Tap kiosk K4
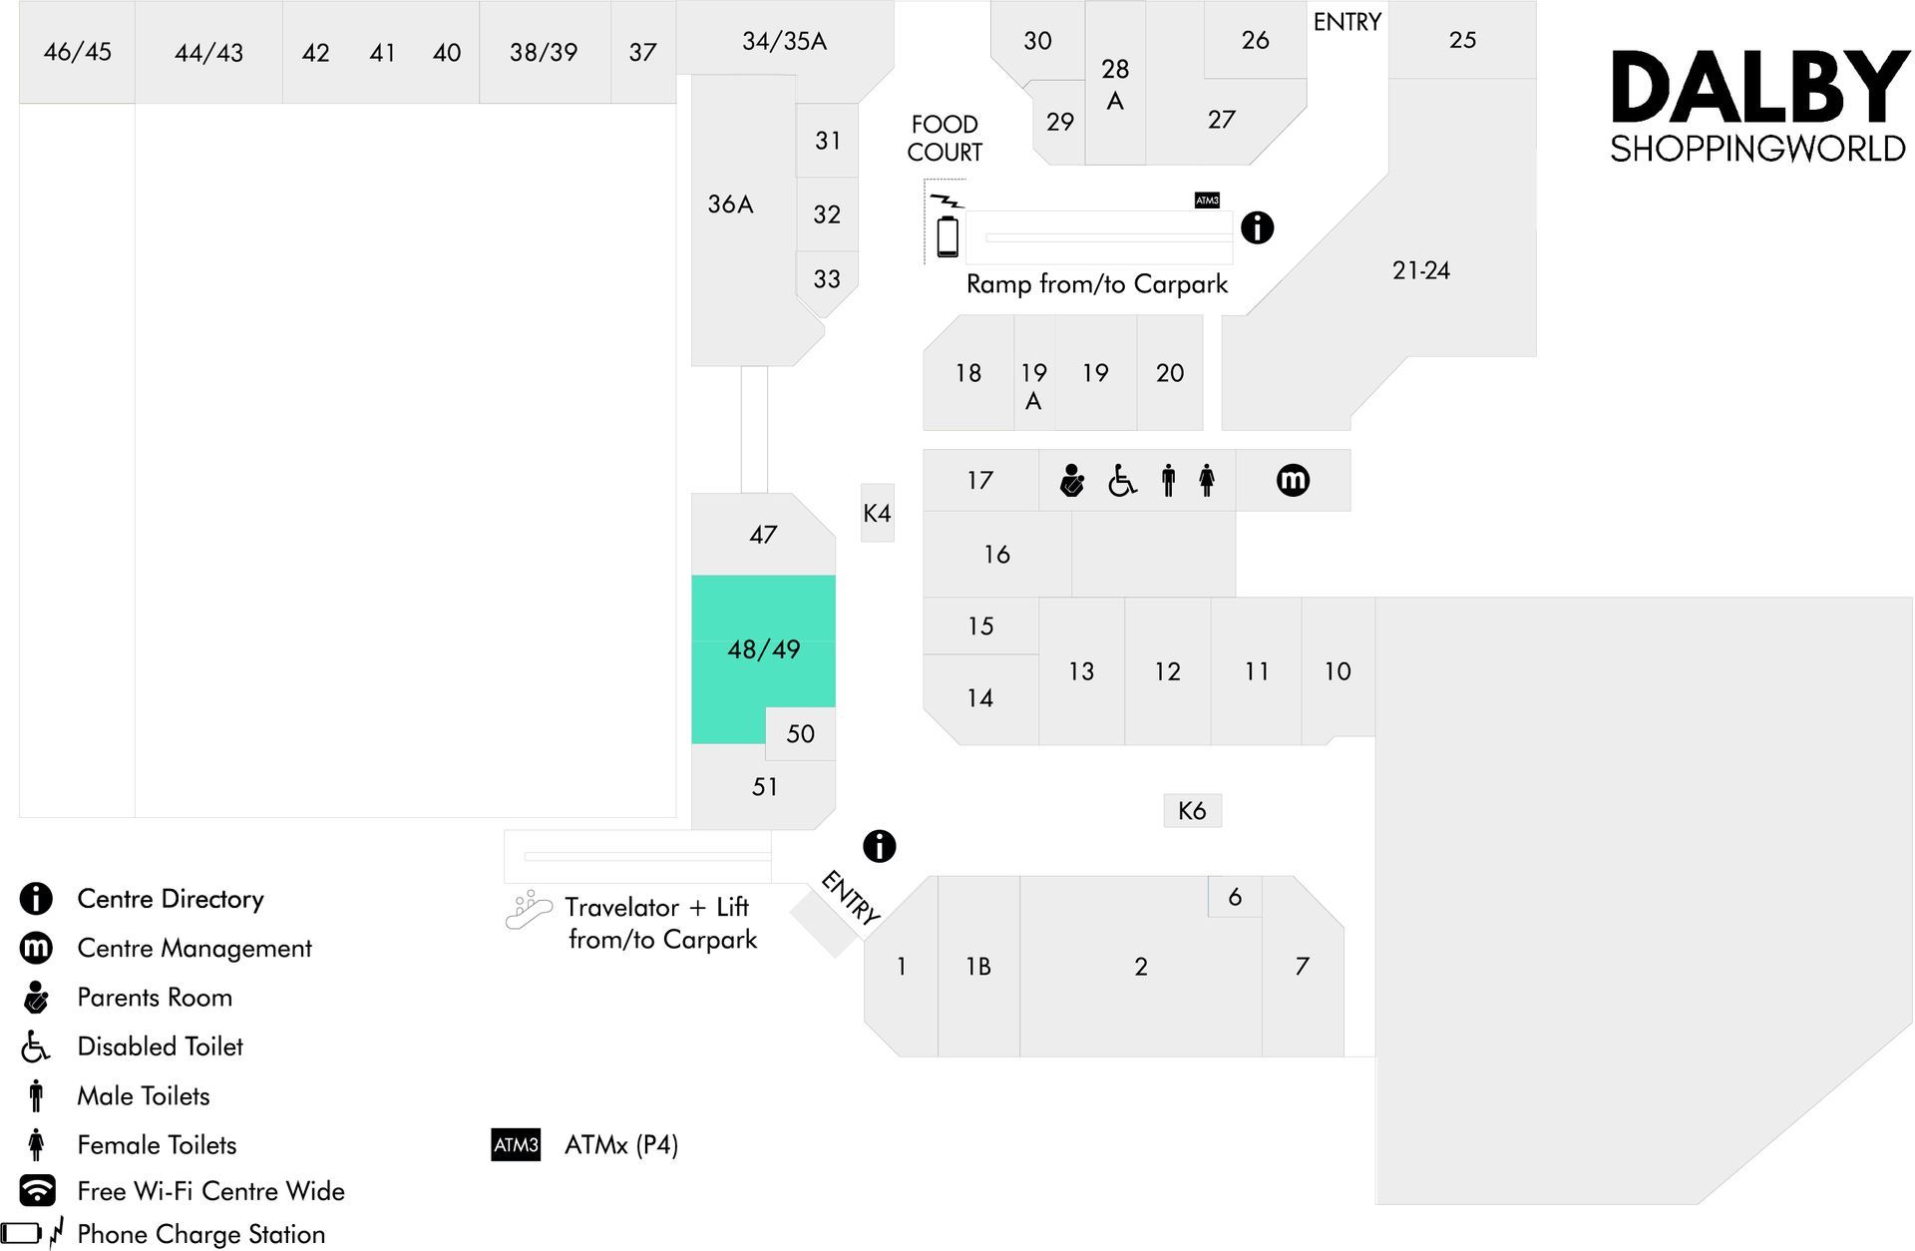coord(878,513)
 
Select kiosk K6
coord(1193,810)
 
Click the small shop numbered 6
coord(1235,897)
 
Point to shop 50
coord(801,733)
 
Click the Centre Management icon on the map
coord(1293,480)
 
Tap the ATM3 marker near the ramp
coord(1207,201)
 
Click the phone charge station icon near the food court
coord(948,226)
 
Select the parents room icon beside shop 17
coord(1072,480)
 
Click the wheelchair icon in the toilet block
coord(1122,481)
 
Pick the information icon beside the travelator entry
coord(879,846)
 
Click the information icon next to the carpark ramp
coord(1257,227)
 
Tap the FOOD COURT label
coord(945,138)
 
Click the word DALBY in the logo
coord(1760,88)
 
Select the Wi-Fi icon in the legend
coord(37,1190)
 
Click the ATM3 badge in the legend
coord(516,1144)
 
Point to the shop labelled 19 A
coord(1034,373)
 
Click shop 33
coord(827,279)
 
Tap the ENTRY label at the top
coord(1346,22)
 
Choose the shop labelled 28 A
coord(1115,84)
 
